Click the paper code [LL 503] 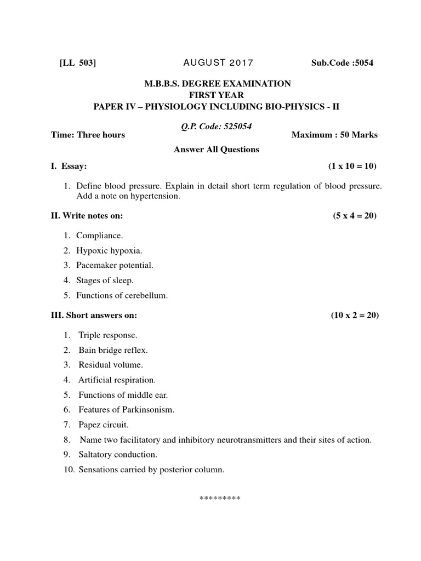[77, 63]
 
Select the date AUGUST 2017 [215, 63]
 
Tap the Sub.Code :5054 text [342, 63]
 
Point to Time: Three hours [88, 135]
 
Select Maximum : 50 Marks [334, 135]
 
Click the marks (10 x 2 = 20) [354, 316]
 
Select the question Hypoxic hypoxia [109, 250]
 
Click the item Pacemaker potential [115, 265]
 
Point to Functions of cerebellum [122, 295]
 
